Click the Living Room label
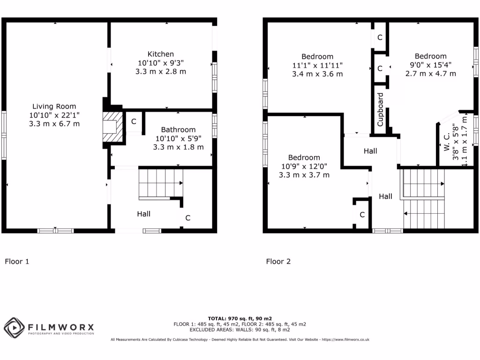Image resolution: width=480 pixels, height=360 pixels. tap(54, 106)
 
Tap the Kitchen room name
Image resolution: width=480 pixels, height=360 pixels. tap(160, 54)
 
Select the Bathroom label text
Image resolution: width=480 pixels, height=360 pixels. tap(178, 129)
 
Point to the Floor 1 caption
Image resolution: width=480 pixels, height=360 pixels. tap(17, 262)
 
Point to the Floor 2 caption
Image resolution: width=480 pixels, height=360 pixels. tap(278, 262)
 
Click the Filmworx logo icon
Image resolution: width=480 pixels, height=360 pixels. tap(14, 327)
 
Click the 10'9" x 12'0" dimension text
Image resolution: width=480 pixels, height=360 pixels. tap(304, 166)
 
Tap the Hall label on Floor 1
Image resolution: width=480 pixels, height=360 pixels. tap(143, 214)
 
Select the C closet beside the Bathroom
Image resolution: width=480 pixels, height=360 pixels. tap(134, 122)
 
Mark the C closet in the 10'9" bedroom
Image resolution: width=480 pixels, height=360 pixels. tap(362, 215)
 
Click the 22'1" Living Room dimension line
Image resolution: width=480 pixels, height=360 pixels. tap(54, 115)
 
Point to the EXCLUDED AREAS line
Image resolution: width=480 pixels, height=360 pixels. tap(240, 330)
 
